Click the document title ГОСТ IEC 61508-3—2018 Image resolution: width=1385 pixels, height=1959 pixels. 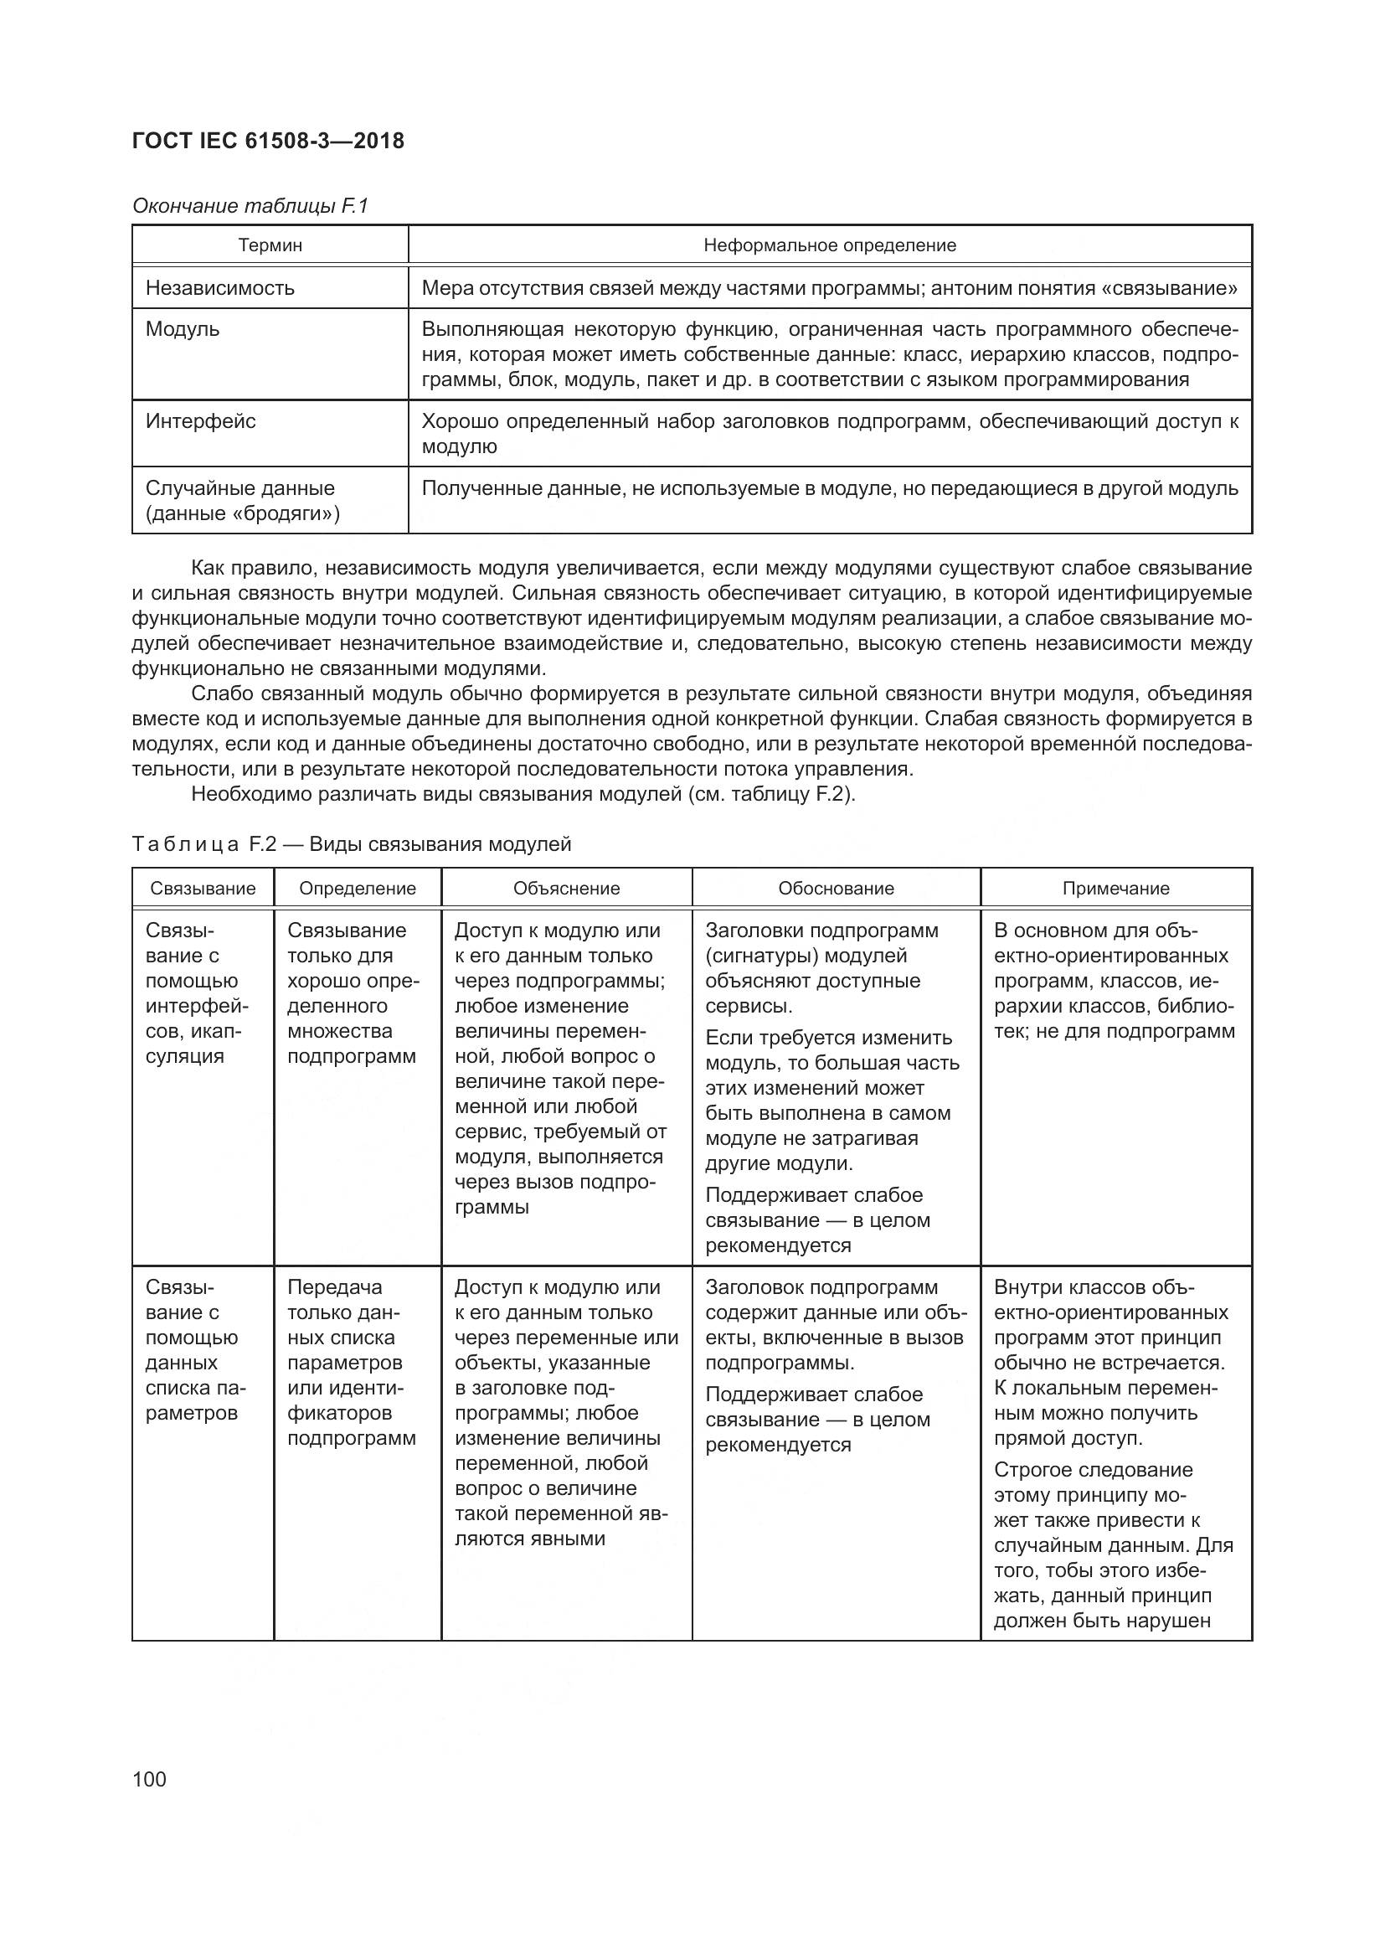pos(268,141)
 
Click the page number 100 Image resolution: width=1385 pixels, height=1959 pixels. pos(149,1779)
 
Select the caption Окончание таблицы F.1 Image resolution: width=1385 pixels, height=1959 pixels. pos(250,206)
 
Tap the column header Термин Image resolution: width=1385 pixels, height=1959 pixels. pos(270,245)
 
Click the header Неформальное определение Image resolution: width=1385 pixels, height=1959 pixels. pos(829,245)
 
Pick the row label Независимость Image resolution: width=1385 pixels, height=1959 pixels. pos(219,287)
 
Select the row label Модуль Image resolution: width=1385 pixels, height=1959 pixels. pos(183,329)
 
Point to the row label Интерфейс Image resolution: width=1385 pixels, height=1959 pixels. pos(200,421)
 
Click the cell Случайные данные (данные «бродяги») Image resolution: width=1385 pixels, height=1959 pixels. pos(241,501)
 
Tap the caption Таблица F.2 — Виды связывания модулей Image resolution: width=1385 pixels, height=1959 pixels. pos(352,845)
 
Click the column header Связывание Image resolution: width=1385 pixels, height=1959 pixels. pos(203,888)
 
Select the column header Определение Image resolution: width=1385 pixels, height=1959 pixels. pos(358,888)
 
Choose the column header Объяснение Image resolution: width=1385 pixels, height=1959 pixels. pos(566,888)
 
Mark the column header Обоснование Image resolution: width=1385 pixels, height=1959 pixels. pos(836,888)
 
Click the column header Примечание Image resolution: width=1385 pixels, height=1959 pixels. pos(1115,888)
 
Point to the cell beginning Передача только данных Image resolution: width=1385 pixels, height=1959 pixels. pos(351,1363)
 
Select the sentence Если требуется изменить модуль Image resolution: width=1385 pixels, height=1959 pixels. pos(831,1101)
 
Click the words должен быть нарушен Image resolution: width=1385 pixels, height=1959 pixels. pos(1102,1621)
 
